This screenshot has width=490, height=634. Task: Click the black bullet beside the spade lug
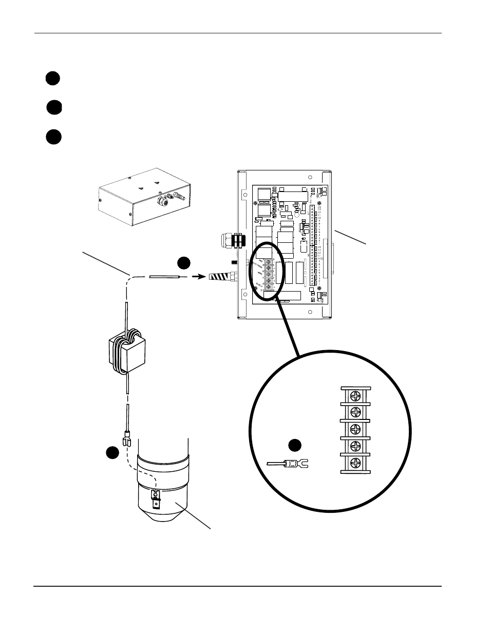pos(294,446)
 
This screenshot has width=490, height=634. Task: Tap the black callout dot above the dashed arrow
pos(184,263)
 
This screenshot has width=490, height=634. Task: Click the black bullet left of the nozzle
pos(113,452)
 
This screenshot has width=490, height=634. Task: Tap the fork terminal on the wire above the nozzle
pos(125,440)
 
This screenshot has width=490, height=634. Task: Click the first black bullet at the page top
pos(52,78)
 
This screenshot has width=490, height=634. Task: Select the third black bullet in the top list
pos(52,137)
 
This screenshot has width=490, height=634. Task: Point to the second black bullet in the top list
pos(54,108)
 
